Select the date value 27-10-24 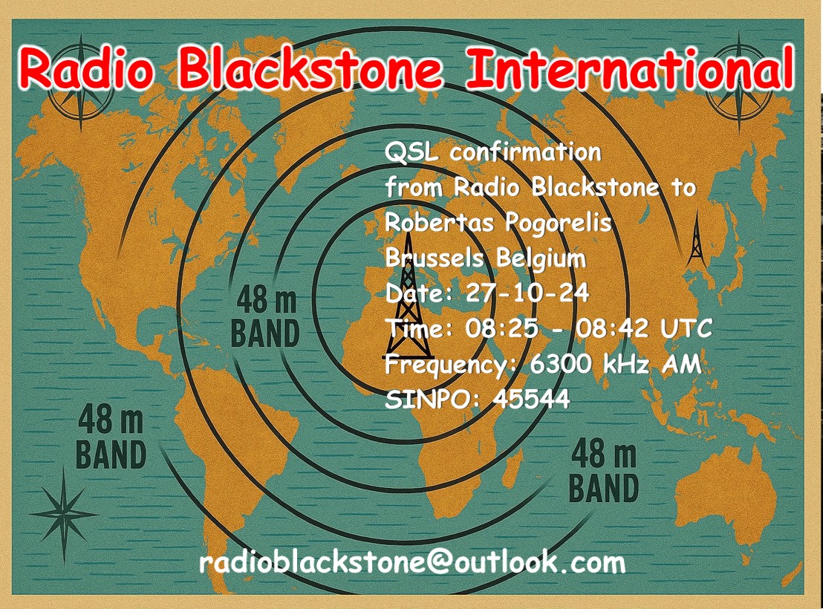(527, 293)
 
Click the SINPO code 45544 (531, 400)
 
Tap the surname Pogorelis (558, 224)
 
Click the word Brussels (434, 258)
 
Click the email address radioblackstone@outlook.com (412, 562)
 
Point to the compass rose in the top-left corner (80, 84)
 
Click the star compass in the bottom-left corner (64, 515)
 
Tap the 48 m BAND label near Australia (604, 471)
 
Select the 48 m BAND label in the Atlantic (265, 316)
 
